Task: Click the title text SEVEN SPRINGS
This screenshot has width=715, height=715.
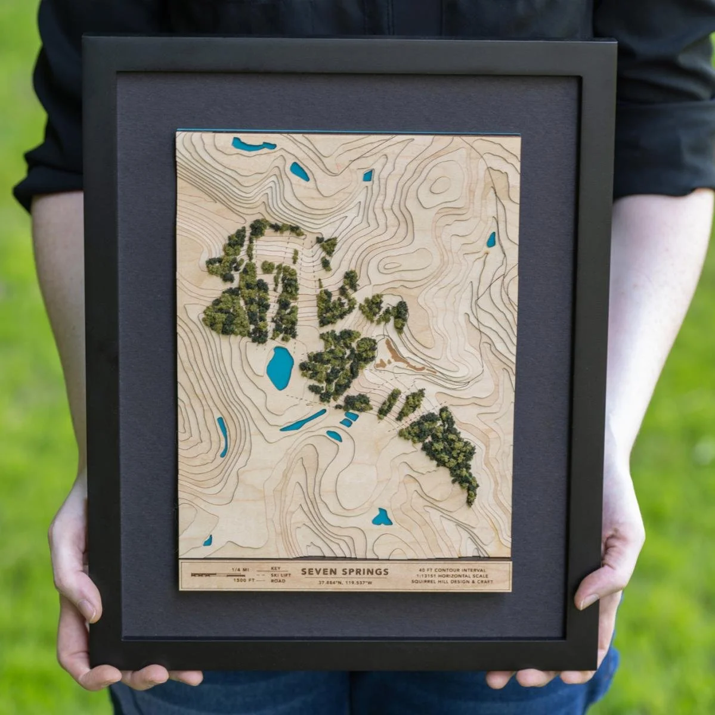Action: pos(345,571)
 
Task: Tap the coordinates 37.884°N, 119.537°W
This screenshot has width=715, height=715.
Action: pos(345,583)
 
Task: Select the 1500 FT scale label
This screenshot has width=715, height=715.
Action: pos(243,580)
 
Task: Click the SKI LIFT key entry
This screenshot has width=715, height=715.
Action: pos(281,574)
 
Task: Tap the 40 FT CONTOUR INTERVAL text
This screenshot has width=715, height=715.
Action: pos(453,569)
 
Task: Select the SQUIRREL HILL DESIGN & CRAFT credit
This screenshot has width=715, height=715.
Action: pos(453,582)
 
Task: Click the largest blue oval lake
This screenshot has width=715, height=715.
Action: pos(279,368)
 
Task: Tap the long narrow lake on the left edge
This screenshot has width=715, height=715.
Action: pos(222,436)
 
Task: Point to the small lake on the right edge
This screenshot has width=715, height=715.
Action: pos(491,240)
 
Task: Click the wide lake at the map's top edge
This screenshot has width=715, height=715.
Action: pos(253,144)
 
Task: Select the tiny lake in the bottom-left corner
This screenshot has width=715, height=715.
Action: pos(208,540)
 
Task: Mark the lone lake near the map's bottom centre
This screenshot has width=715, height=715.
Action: pos(382,517)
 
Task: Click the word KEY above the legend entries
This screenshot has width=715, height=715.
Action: pos(276,568)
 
